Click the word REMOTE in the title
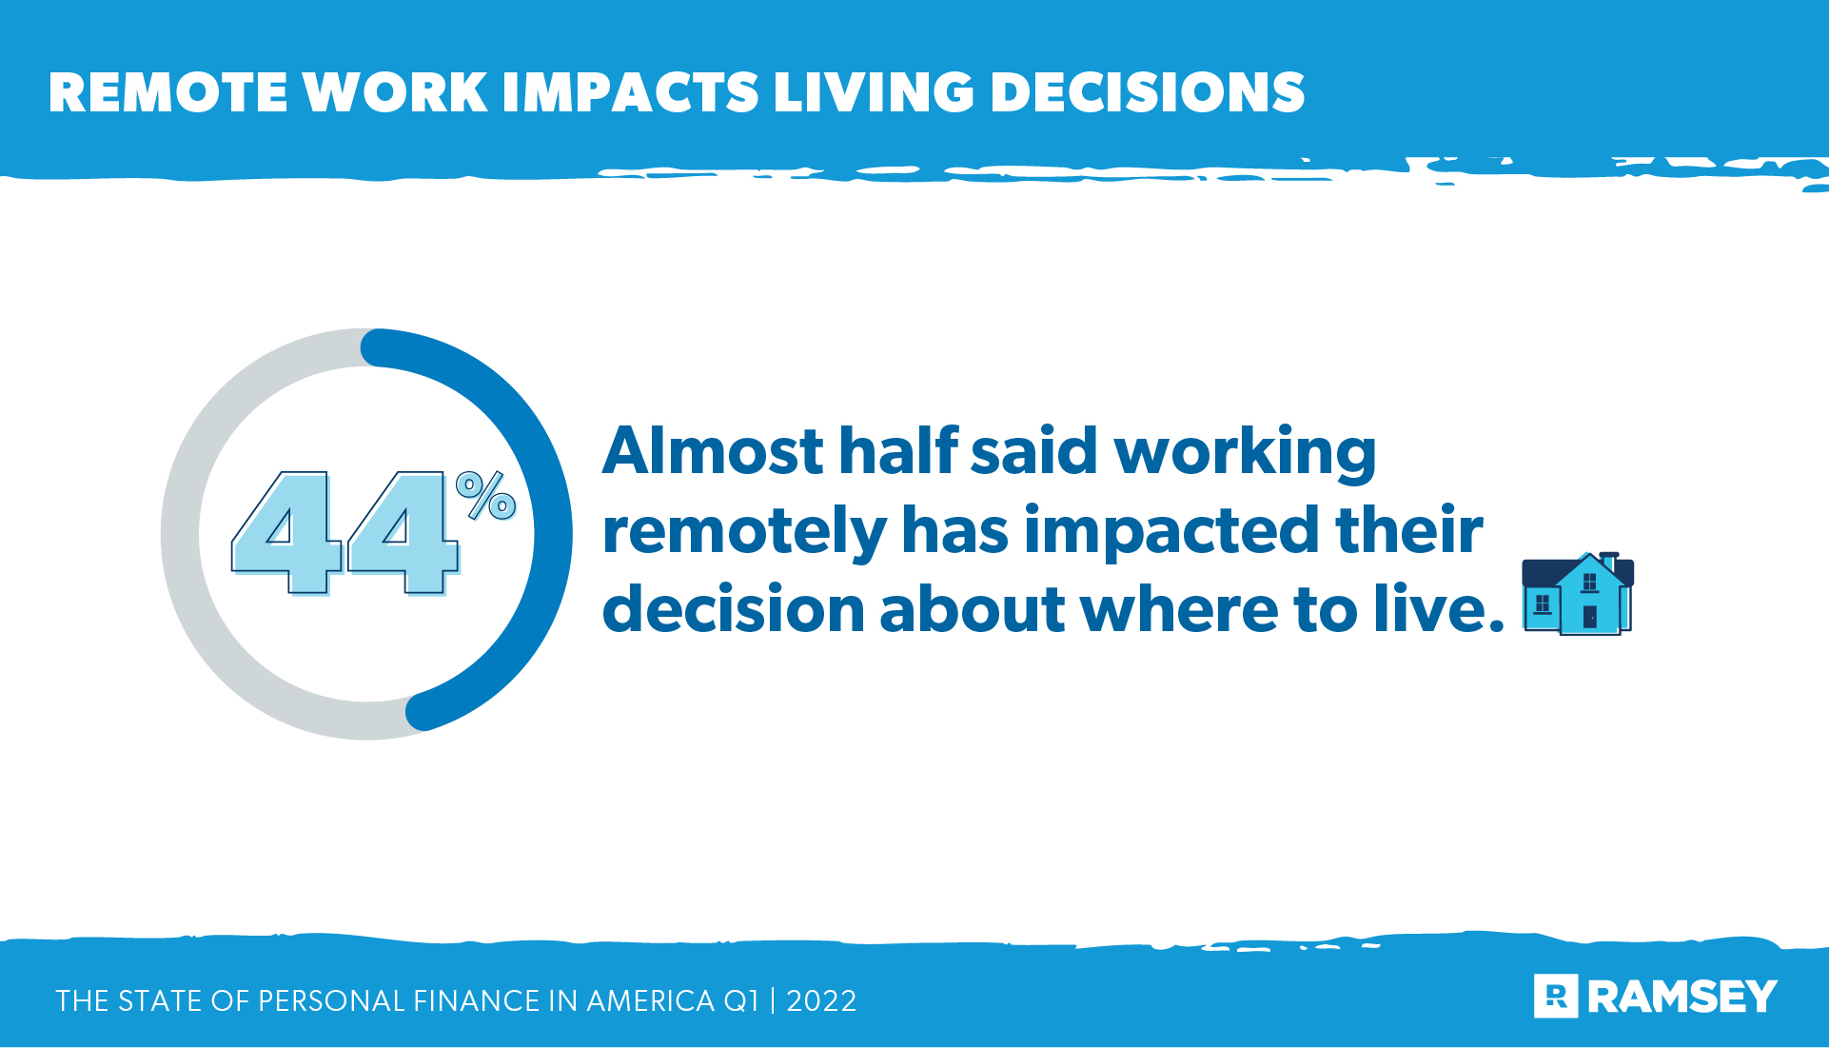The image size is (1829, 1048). [167, 93]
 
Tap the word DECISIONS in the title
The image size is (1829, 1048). [1147, 93]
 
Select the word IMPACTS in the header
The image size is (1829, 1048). [630, 93]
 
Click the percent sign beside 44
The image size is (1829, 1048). [486, 496]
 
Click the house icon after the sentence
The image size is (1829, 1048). [1577, 594]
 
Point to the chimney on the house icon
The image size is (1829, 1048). [1609, 560]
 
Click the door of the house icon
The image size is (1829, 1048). [1589, 617]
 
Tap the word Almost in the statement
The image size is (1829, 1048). [713, 451]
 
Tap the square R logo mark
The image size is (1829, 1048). [1556, 997]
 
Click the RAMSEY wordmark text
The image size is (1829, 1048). [1681, 997]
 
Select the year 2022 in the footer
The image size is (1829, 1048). [821, 1001]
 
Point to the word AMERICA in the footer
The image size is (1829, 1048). [650, 1001]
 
